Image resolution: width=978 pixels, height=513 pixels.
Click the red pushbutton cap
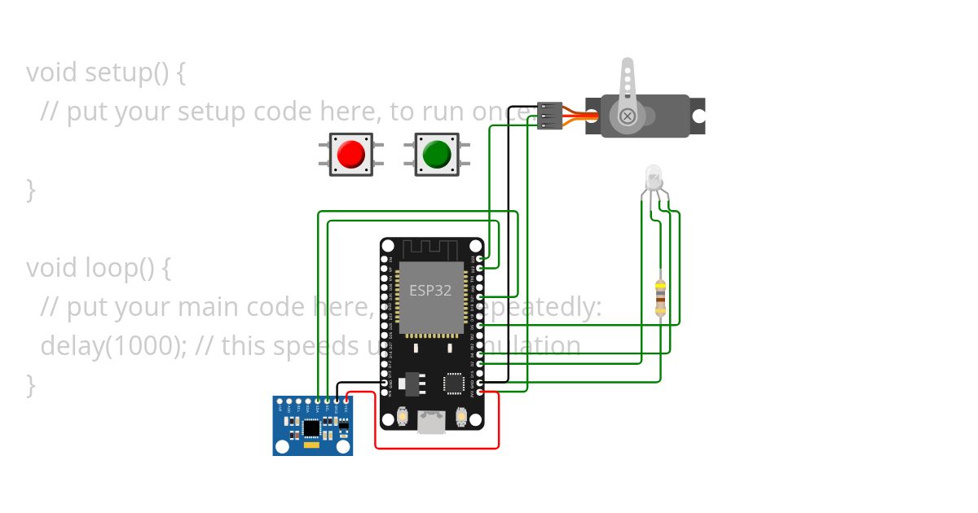pos(351,154)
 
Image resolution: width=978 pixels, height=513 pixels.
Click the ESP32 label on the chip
pos(430,291)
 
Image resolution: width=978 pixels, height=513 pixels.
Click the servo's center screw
pos(628,116)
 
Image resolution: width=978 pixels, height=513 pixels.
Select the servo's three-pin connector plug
pos(550,116)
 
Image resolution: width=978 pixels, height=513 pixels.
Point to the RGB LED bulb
pos(654,177)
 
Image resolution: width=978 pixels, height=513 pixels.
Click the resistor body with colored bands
pos(660,299)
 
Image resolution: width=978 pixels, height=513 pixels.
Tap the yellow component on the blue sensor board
pos(311,445)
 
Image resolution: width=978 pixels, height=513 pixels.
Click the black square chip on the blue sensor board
pos(311,427)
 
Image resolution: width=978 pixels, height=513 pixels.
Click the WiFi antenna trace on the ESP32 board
pos(432,247)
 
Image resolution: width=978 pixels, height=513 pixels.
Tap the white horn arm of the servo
pos(627,81)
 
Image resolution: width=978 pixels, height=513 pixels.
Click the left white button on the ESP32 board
pos(403,418)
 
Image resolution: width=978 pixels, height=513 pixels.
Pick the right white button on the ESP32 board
pos(461,418)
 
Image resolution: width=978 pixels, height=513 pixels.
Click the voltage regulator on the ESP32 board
pos(412,380)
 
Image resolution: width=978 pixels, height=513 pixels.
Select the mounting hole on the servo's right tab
pos(698,116)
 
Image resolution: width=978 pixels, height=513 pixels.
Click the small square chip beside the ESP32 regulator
pos(452,383)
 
